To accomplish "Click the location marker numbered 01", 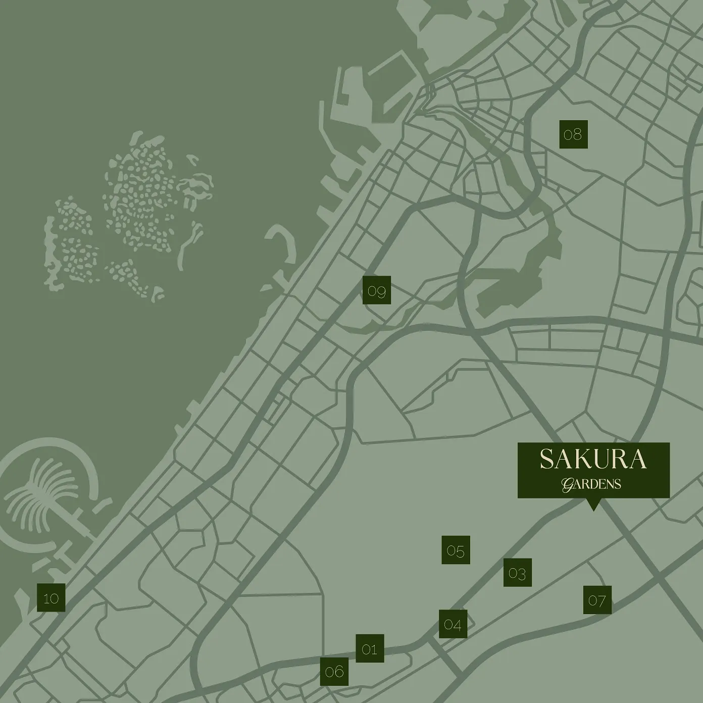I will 370,648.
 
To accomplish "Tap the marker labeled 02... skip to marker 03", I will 517,573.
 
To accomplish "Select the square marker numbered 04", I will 453,624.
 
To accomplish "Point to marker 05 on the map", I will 456,550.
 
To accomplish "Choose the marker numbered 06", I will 334,671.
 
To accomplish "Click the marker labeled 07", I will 597,600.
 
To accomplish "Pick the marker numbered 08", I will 573,134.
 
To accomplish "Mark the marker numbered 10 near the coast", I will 51,598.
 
